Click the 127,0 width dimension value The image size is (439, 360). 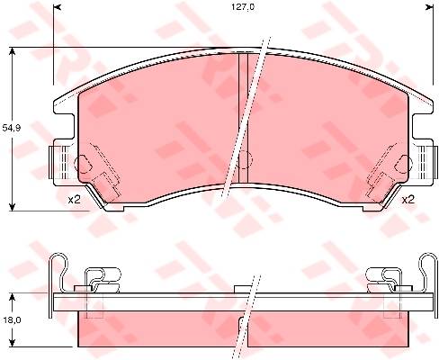click(243, 7)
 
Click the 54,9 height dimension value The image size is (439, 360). click(11, 128)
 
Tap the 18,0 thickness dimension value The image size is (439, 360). click(13, 320)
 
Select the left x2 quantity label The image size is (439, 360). click(74, 200)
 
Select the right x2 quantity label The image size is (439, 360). click(408, 200)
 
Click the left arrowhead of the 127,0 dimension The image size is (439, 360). click(57, 7)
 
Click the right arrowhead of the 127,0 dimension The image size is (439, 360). click(430, 7)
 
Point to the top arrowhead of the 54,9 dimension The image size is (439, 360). click(12, 51)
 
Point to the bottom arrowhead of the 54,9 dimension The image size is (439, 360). click(12, 206)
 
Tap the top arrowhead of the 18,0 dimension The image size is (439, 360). click(12, 297)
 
